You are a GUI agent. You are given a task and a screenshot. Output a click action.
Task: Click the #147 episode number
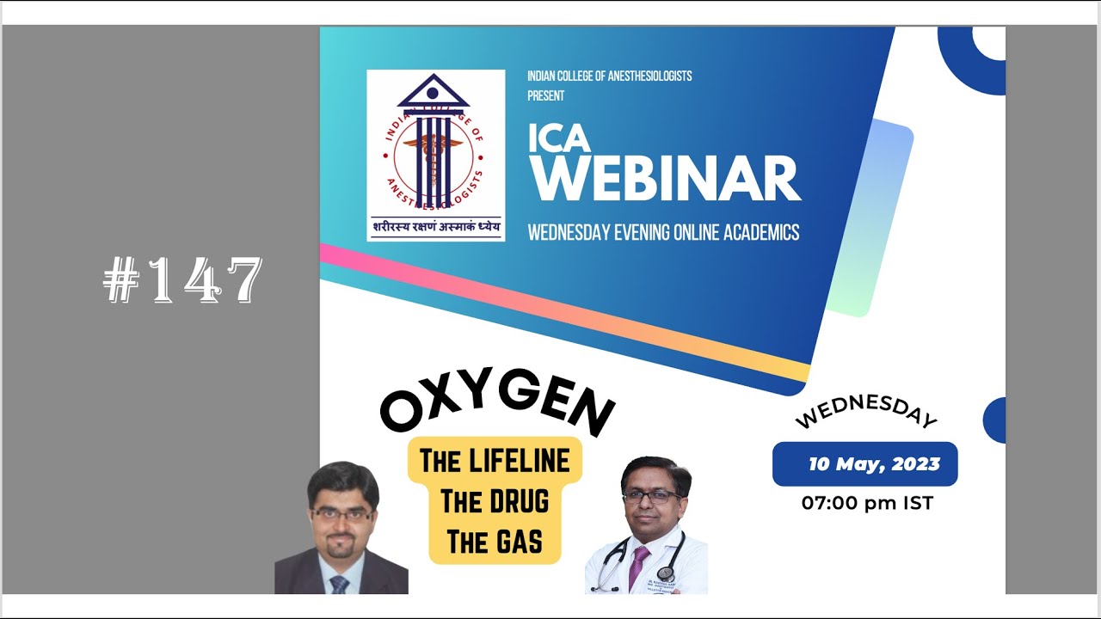tap(182, 281)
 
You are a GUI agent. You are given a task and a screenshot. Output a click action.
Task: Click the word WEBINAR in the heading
tap(664, 179)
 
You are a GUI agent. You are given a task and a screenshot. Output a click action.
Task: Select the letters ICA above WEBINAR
tap(559, 138)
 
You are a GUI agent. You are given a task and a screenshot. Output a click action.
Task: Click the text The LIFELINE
tap(495, 462)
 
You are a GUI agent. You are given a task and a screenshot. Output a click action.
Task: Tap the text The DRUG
tap(495, 501)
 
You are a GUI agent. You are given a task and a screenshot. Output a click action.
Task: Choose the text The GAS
tap(495, 542)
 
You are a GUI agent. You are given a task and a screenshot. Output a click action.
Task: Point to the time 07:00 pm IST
tap(867, 503)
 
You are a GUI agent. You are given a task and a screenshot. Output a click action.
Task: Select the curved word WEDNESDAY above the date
tap(865, 411)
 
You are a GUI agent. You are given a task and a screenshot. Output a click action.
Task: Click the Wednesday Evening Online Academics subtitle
tap(663, 232)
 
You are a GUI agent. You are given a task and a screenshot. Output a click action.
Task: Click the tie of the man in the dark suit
tap(340, 584)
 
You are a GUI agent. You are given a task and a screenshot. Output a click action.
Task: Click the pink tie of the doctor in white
tap(638, 568)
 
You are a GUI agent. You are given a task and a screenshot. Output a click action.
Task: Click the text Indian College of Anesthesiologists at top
tap(609, 77)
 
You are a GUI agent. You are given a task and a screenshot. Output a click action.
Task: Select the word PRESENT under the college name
tap(546, 95)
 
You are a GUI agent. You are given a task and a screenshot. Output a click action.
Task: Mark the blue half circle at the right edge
tap(995, 420)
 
